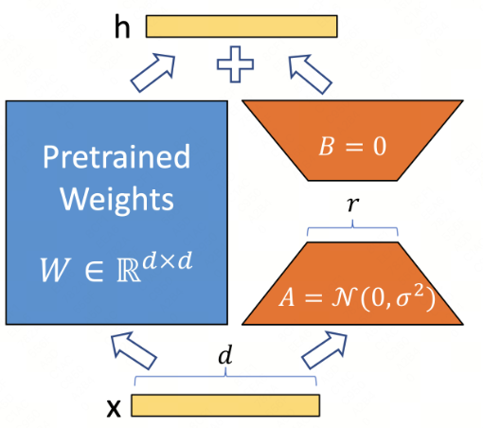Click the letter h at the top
tap(122, 27)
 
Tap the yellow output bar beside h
tap(241, 27)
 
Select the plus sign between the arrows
tap(235, 64)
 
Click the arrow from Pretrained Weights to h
tap(152, 73)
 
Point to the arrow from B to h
tap(310, 75)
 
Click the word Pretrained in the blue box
tap(116, 157)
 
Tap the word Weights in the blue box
tap(116, 199)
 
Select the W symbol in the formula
tap(54, 270)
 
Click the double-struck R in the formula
tap(128, 271)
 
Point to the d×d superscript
tap(168, 260)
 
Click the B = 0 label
tap(352, 147)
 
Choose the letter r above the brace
tap(352, 205)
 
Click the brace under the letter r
tap(352, 228)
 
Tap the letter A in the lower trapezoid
tap(287, 297)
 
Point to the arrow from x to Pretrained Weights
tap(134, 350)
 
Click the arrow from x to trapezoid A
tap(325, 349)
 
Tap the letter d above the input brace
tap(225, 355)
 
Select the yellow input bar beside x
tap(225, 405)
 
